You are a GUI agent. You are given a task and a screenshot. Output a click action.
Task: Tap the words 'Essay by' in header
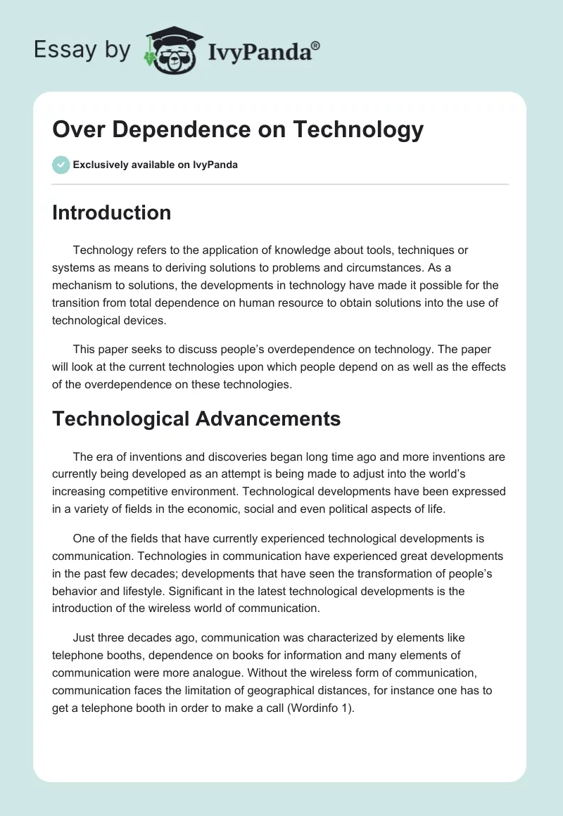(82, 49)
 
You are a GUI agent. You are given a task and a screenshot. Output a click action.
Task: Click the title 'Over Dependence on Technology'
(238, 129)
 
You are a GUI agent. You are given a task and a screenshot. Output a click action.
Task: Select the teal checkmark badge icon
(61, 165)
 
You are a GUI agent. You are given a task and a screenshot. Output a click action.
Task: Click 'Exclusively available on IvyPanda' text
(156, 165)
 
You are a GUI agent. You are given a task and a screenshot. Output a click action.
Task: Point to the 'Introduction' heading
(111, 212)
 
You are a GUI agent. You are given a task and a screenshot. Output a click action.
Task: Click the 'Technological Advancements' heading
(196, 419)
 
